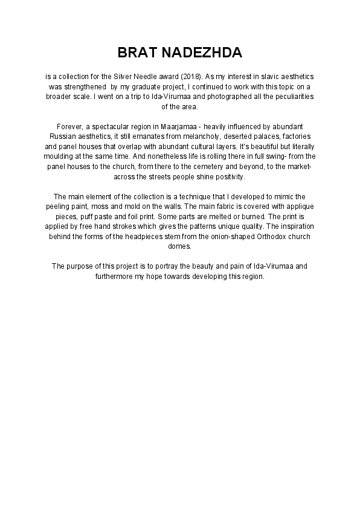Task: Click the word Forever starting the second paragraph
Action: click(70, 126)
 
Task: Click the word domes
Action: click(179, 245)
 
